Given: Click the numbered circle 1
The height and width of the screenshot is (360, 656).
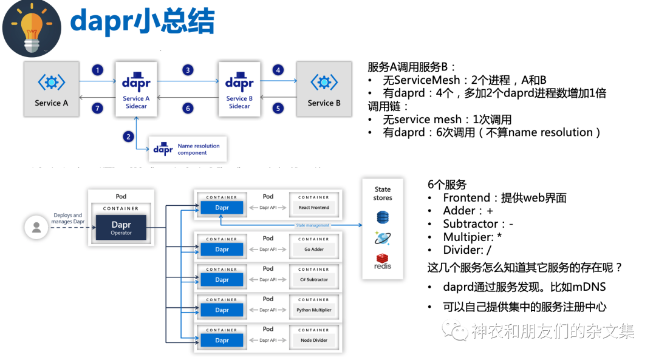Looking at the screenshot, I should click(98, 70).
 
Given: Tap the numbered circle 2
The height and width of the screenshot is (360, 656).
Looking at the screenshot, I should click(128, 137).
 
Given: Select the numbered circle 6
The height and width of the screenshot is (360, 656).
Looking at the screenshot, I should click(188, 108).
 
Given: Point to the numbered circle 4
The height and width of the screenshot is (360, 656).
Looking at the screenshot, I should click(278, 70).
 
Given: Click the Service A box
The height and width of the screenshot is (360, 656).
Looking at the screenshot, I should click(52, 89).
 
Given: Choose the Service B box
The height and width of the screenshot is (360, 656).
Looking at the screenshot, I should click(324, 89).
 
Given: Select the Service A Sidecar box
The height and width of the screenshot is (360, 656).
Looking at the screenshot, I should click(136, 89).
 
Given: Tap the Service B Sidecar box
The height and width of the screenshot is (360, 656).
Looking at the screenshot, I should click(239, 89).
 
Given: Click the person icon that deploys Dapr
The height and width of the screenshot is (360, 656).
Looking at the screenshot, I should click(36, 227).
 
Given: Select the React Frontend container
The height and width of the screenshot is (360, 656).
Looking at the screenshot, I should click(313, 208).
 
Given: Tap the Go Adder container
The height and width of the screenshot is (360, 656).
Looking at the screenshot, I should click(313, 249).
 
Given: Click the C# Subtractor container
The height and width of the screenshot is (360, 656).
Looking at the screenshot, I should click(313, 279).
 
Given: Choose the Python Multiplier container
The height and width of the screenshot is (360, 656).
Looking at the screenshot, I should click(313, 310).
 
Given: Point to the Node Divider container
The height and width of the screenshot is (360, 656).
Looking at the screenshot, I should click(313, 340).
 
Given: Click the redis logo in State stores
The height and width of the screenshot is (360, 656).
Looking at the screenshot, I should click(383, 262).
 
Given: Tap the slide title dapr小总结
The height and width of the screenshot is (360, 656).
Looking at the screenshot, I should click(142, 22).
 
